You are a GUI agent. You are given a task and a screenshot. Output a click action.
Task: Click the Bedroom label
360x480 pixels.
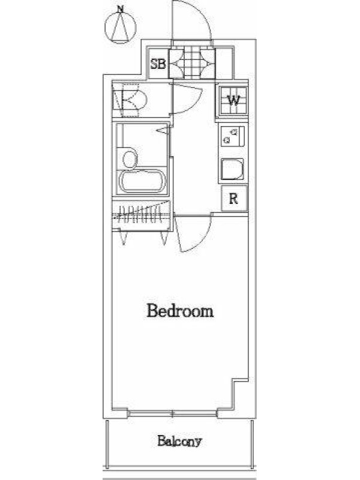[180, 311]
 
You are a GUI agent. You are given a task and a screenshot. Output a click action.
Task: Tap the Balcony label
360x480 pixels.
[179, 441]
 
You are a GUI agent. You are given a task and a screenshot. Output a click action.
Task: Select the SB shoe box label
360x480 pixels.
[158, 64]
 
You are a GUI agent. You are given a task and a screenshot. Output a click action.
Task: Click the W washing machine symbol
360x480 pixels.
[233, 100]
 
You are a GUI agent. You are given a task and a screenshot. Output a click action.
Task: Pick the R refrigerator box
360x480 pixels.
[234, 199]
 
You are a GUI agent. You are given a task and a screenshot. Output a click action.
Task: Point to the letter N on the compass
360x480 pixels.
[121, 10]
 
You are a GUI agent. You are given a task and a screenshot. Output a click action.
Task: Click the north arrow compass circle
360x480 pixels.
[121, 28]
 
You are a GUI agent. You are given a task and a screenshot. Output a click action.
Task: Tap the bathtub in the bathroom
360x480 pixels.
[142, 182]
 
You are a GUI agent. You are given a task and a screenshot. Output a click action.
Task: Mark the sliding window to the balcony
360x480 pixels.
[172, 414]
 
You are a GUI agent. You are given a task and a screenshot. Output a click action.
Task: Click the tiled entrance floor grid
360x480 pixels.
[192, 64]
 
